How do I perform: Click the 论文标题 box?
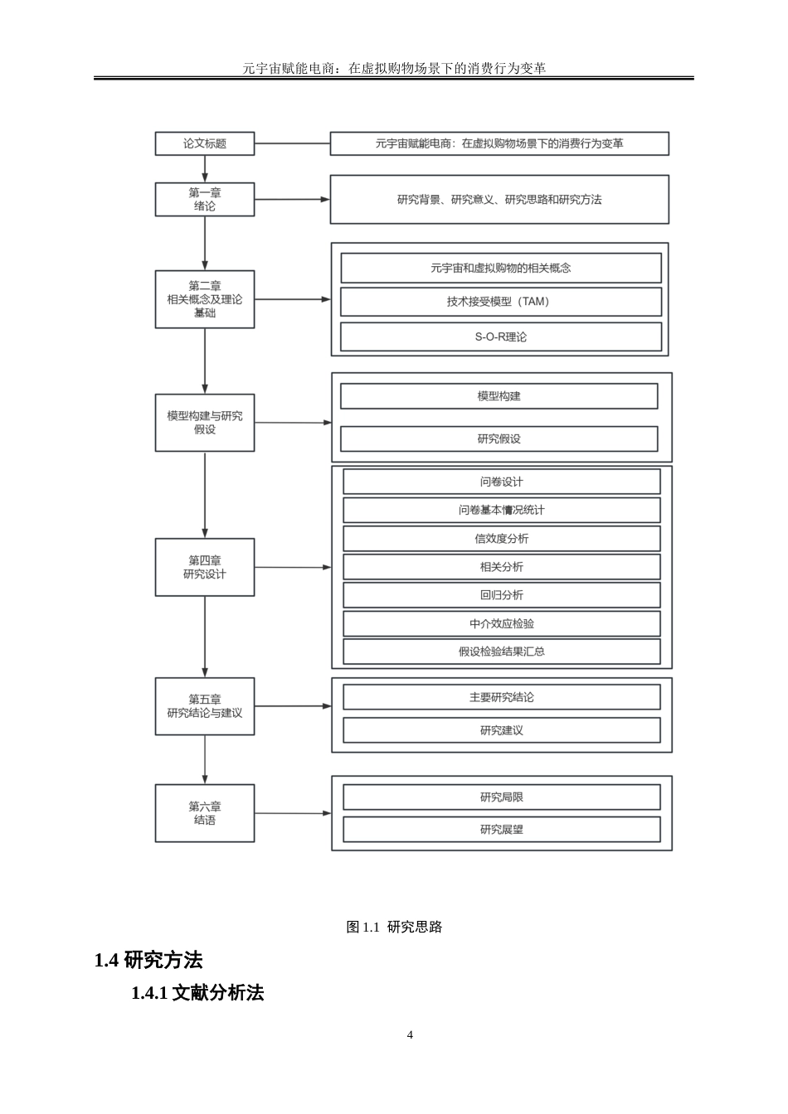coord(205,143)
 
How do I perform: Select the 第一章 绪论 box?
coord(205,200)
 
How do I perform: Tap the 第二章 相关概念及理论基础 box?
coord(205,299)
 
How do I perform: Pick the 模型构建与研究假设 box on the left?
coord(205,423)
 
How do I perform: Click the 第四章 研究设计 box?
coord(205,567)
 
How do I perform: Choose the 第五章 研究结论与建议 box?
coord(205,706)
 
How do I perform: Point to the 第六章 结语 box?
coord(205,813)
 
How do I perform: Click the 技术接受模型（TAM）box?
coord(501,302)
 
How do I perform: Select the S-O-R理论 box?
coord(501,337)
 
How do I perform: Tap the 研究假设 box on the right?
coord(499,438)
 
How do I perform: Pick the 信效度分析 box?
coord(502,539)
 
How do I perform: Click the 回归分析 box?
coord(502,595)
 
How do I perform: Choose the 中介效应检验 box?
coord(502,623)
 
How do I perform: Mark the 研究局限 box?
coord(502,797)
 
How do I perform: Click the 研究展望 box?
coord(502,830)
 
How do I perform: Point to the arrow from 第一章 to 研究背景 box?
coord(292,200)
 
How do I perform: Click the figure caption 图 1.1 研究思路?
coord(394,927)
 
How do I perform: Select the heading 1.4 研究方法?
coord(149,961)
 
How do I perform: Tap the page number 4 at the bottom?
coord(410,1034)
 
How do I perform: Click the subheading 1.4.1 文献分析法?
coord(197,993)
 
